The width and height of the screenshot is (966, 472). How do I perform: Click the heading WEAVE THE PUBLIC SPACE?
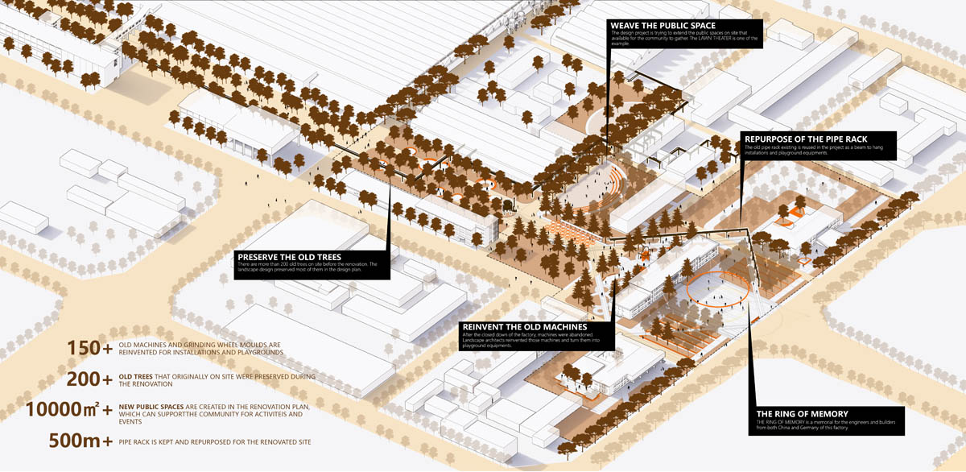pos(663,26)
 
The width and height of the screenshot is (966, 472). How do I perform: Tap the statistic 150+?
pos(89,349)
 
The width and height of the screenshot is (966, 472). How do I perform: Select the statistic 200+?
pos(89,379)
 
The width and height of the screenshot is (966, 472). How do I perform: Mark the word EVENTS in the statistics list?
pos(130,422)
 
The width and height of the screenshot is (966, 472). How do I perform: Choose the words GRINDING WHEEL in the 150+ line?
pos(212,345)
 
